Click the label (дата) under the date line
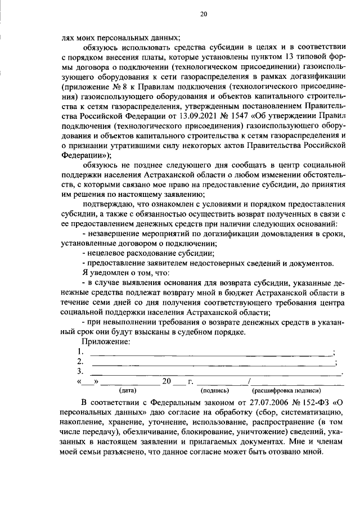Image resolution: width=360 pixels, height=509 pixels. pos(128,390)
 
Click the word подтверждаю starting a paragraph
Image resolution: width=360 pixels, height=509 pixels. pos(106,204)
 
